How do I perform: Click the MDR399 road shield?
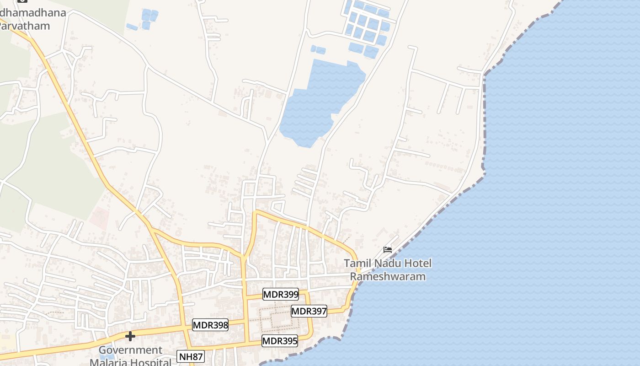click(281, 294)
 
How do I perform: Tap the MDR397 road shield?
click(309, 312)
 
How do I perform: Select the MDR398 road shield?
click(210, 325)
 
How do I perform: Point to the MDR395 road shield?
click(280, 341)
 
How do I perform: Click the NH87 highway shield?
click(191, 356)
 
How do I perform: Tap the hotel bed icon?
click(388, 249)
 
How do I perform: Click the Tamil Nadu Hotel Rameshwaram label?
click(388, 270)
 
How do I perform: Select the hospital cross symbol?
click(130, 336)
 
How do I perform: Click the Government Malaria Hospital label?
click(131, 356)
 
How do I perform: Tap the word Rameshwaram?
click(388, 276)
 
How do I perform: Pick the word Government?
click(131, 350)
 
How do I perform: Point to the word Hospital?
click(150, 362)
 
